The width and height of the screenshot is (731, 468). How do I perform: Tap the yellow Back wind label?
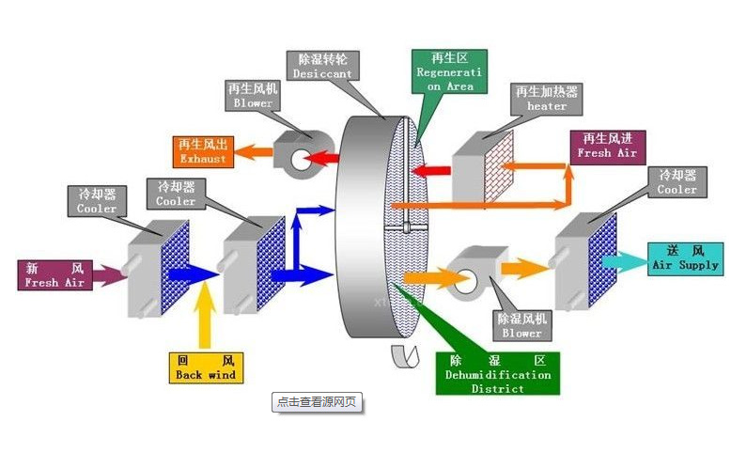(205, 367)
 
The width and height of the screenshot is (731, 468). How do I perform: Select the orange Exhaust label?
(203, 151)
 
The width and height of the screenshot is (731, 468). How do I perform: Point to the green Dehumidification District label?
(497, 373)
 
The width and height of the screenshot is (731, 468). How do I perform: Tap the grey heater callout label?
(546, 99)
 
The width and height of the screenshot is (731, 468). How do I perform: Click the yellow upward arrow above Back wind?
(205, 320)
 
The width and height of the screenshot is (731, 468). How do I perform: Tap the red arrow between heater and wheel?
(430, 170)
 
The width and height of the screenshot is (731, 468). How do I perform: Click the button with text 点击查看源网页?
(316, 401)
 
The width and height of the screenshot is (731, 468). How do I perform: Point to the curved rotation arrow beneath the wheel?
(407, 353)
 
